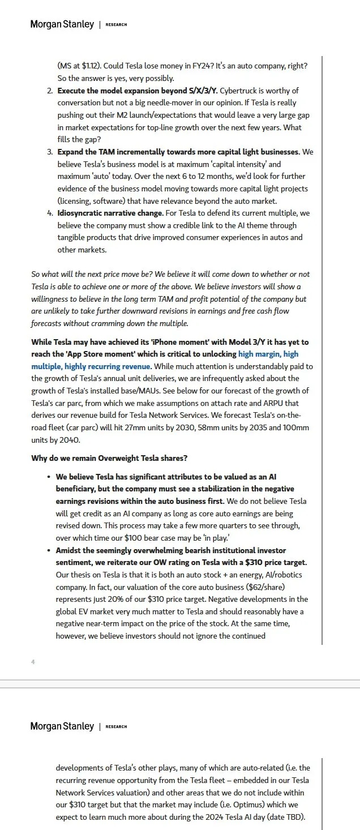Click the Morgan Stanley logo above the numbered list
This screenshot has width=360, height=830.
pyautogui.click(x=62, y=24)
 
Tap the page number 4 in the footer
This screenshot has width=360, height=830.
pyautogui.click(x=33, y=661)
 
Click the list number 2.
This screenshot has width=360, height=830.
pyautogui.click(x=50, y=91)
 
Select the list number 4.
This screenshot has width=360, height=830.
pyautogui.click(x=50, y=213)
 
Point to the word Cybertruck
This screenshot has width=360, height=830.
pyautogui.click(x=239, y=91)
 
